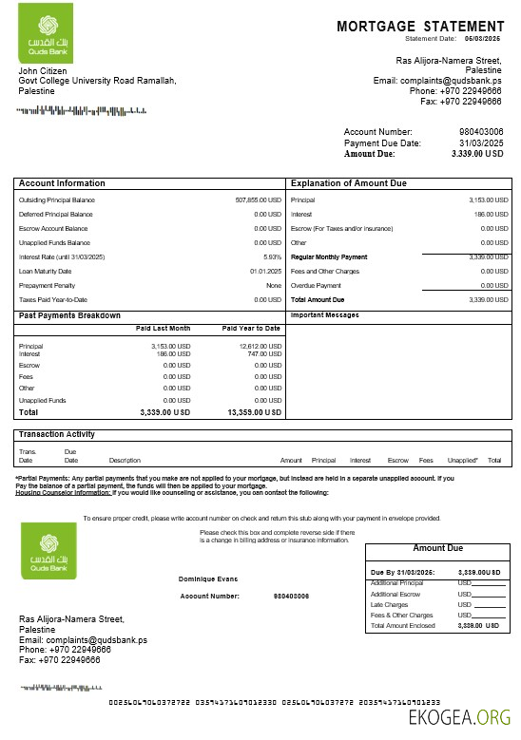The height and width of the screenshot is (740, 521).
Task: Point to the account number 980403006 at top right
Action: click(481, 131)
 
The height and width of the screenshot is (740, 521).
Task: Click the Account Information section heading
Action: click(63, 183)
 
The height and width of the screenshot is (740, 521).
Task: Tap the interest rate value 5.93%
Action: click(272, 257)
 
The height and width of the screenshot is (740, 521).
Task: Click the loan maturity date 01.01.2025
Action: click(265, 271)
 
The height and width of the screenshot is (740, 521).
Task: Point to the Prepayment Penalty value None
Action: click(274, 285)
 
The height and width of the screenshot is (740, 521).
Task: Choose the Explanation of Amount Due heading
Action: click(351, 183)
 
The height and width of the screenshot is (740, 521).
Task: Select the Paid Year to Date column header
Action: click(251, 328)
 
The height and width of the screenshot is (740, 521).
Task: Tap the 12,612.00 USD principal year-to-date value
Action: click(260, 346)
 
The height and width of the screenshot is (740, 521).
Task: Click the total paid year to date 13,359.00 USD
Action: click(255, 413)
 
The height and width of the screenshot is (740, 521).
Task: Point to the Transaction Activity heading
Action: click(57, 434)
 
